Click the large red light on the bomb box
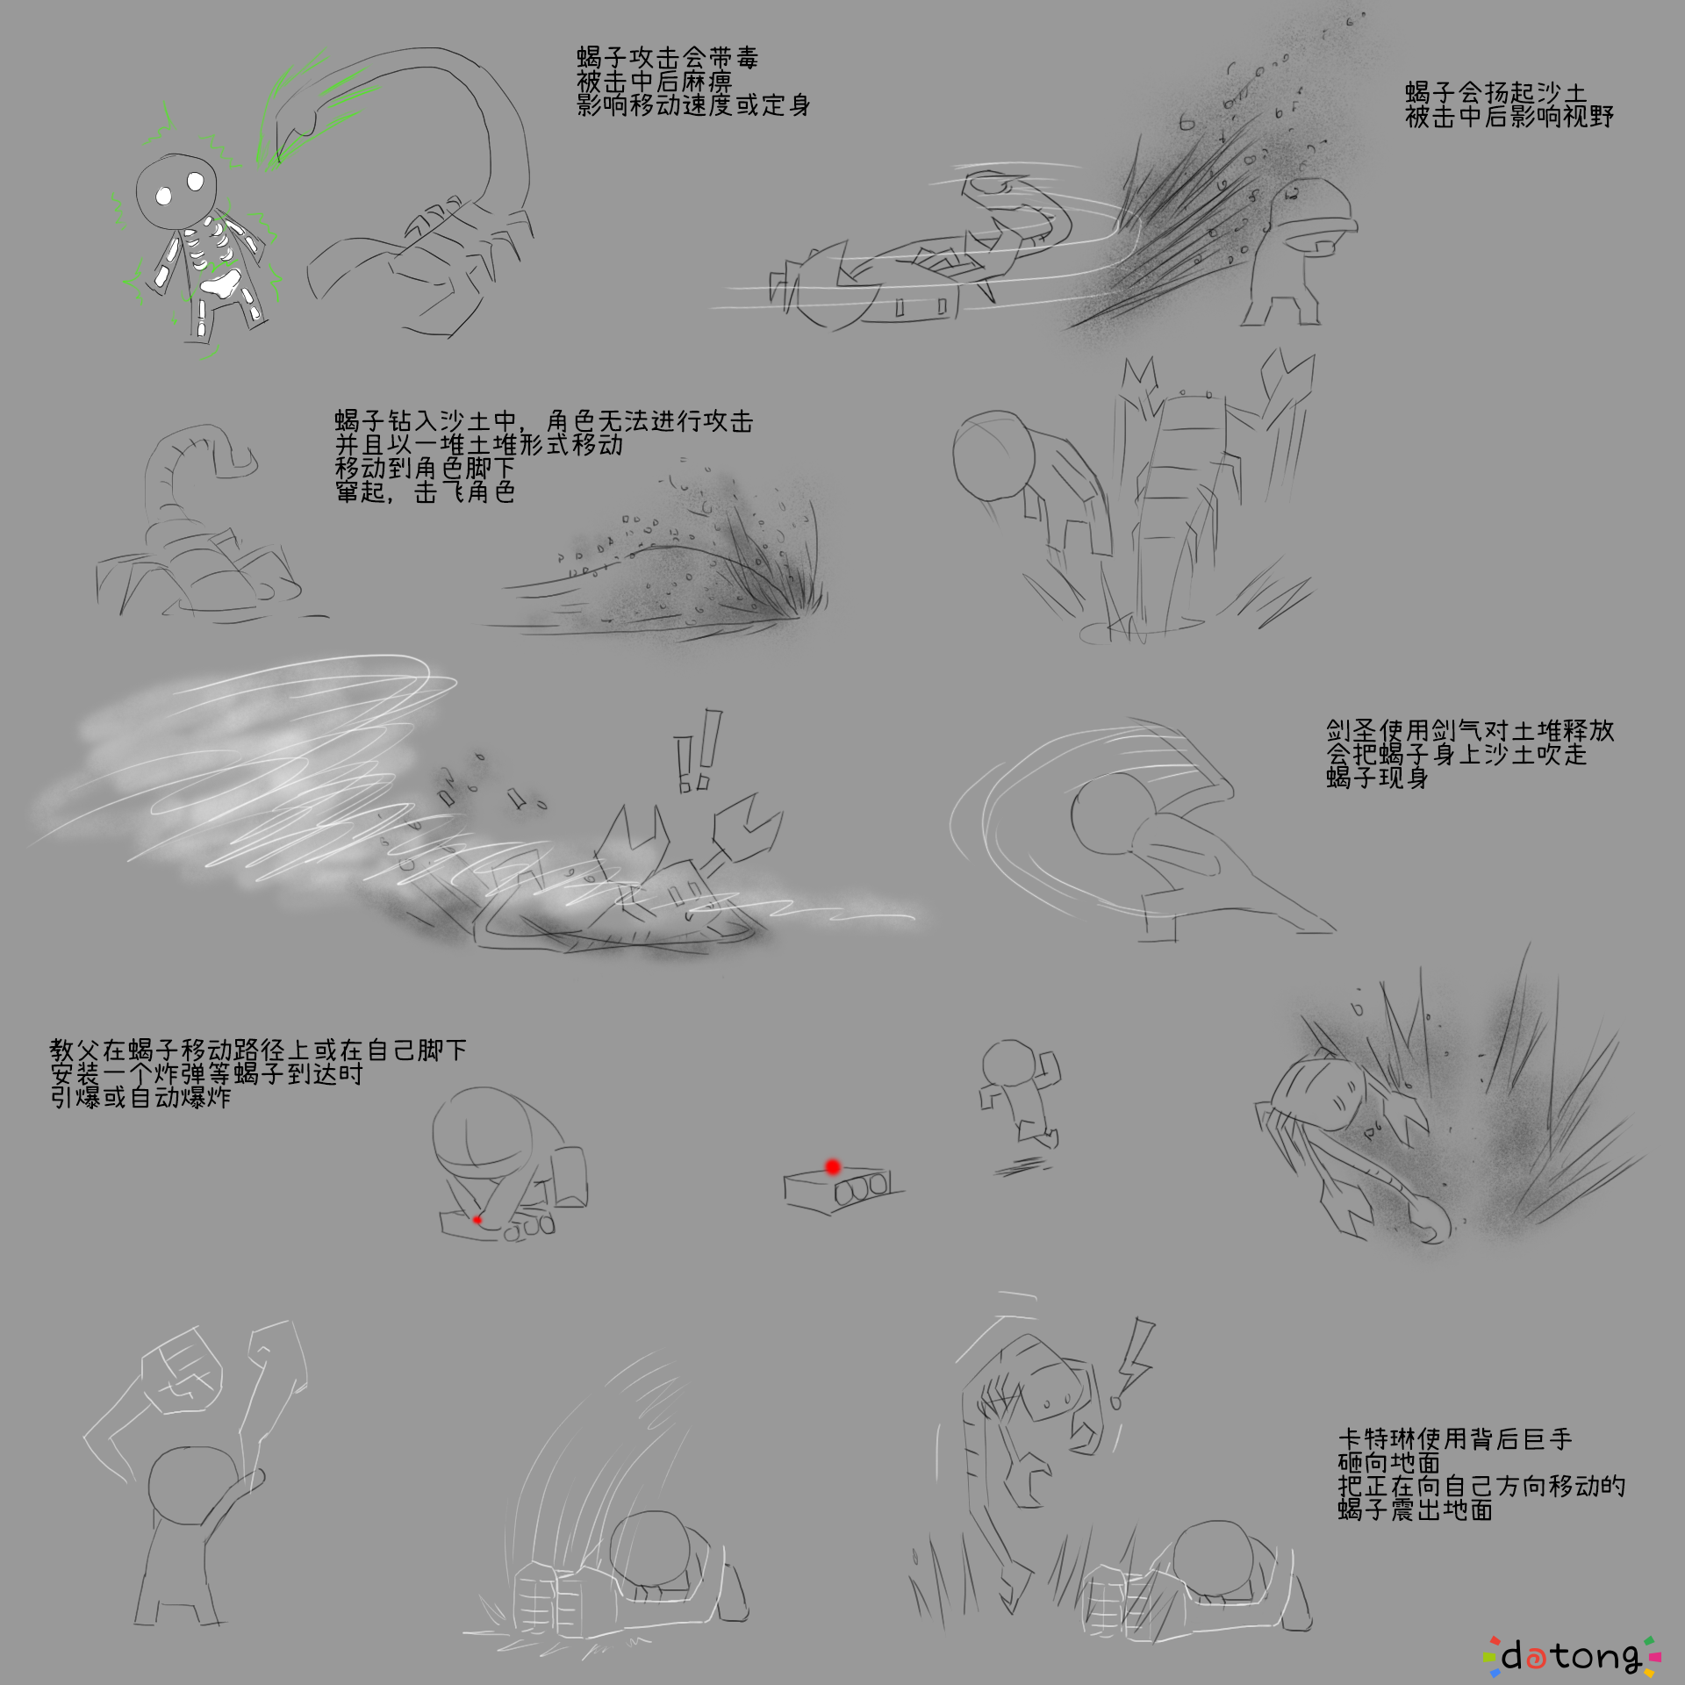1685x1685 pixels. tap(833, 1166)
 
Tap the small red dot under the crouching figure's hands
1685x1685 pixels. tap(477, 1219)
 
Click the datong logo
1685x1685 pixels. tap(1571, 1655)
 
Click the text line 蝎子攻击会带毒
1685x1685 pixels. tap(667, 58)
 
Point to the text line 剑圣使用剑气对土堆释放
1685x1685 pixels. tap(1470, 730)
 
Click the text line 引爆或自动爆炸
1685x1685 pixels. tap(140, 1097)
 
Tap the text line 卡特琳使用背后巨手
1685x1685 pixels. tap(1455, 1439)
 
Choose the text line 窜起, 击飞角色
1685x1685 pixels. tap(425, 492)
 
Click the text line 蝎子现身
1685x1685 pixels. tap(1377, 778)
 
